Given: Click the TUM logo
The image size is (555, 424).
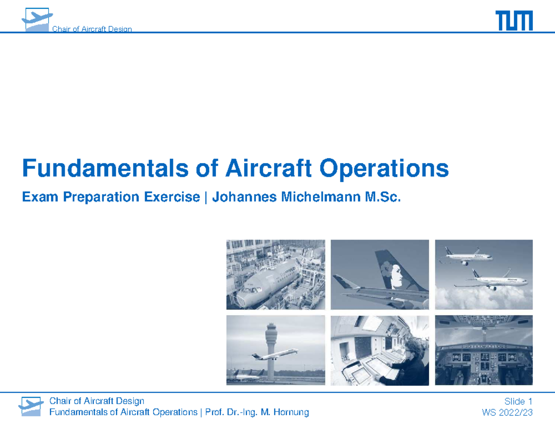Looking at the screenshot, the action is [514, 20].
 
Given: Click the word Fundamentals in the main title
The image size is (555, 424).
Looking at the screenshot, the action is [105, 168].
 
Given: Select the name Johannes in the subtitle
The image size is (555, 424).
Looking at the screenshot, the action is [245, 197].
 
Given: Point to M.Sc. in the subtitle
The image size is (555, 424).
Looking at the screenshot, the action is [383, 197].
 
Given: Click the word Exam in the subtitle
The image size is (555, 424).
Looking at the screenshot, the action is [40, 197].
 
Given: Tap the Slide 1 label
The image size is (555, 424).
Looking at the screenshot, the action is [518, 401].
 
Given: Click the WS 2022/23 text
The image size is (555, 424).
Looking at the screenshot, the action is [507, 412].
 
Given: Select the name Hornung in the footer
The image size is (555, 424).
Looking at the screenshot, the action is [291, 412].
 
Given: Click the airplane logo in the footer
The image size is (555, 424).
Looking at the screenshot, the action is [31, 406].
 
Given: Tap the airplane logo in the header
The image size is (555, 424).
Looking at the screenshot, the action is [37, 19].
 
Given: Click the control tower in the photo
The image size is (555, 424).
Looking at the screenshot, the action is [271, 351].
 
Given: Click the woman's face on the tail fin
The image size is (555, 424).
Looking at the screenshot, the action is [397, 277].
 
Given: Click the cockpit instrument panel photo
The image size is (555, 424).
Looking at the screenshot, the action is [484, 350].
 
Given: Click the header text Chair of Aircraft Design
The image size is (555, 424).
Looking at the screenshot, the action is [92, 29].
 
